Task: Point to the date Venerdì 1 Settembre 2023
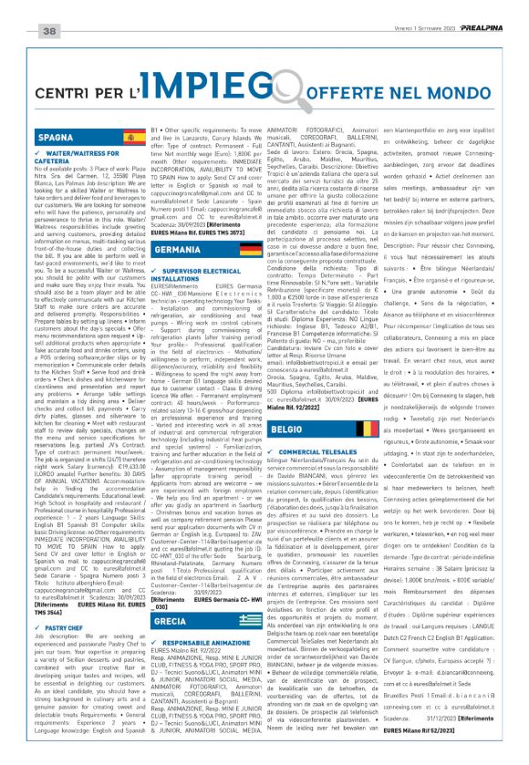pyautogui.click(x=406, y=8)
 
